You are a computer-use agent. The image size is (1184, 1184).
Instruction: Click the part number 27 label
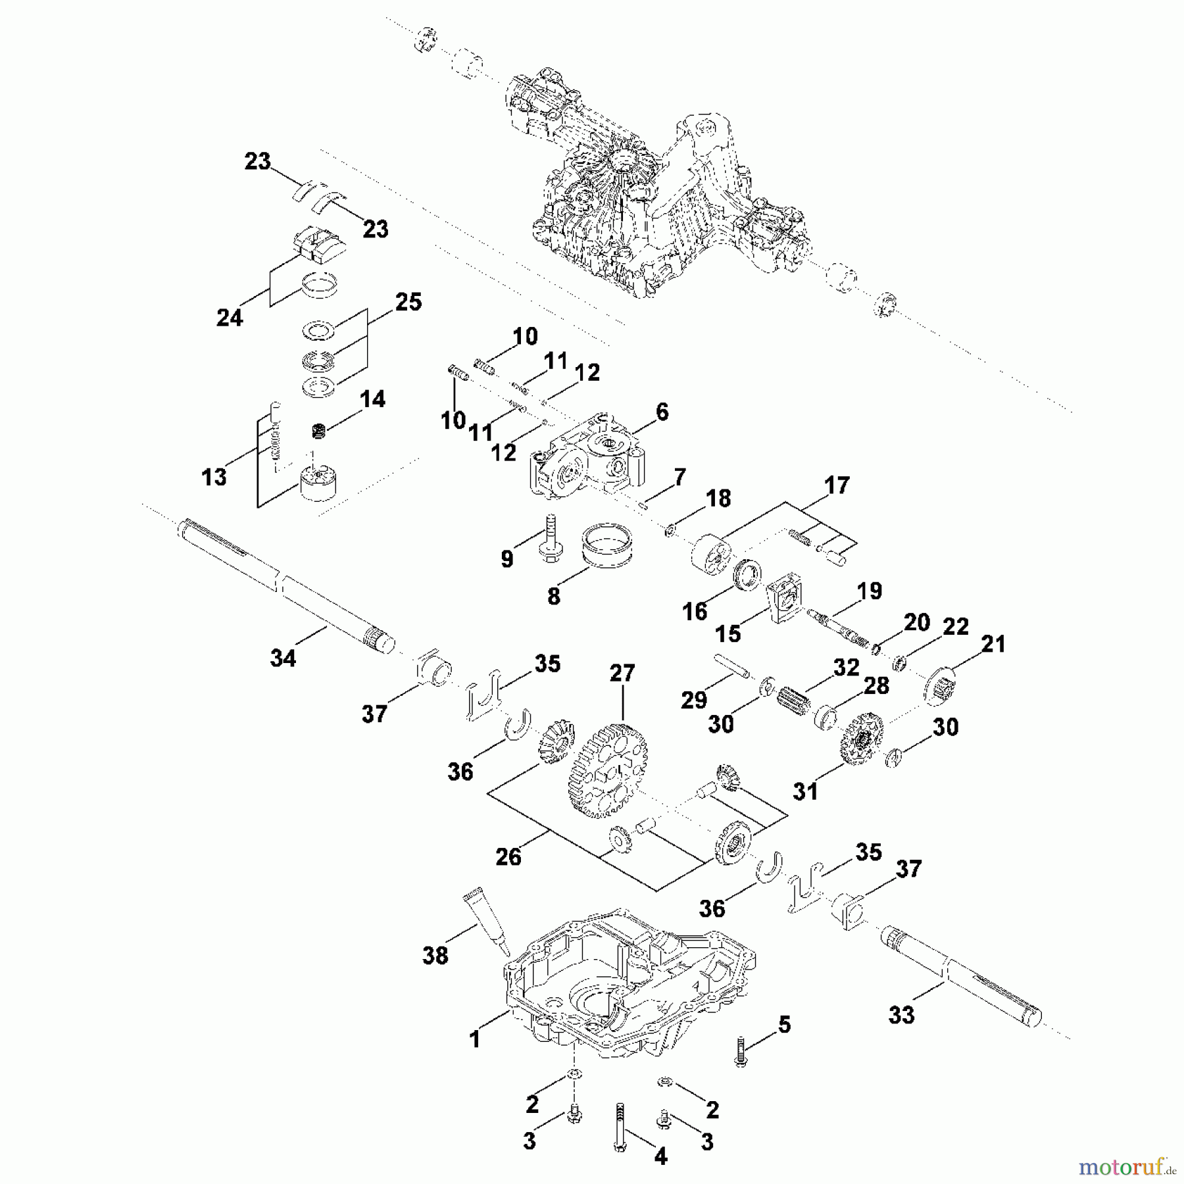tap(622, 674)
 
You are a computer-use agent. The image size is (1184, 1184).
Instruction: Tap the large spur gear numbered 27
tap(606, 770)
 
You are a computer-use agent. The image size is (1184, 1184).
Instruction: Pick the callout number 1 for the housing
tap(475, 1039)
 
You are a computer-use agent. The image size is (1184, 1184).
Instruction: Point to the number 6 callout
tap(662, 412)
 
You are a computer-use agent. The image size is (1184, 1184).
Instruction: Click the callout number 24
tap(230, 318)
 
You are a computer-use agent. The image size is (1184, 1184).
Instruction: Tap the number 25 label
tap(408, 302)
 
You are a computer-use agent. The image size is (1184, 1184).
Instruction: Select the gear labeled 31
tap(860, 739)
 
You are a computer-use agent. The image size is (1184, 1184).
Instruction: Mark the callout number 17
tap(837, 486)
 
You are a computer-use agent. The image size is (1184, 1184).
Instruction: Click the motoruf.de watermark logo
tap(1125, 1168)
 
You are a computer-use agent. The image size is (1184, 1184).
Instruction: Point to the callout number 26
tap(508, 857)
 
